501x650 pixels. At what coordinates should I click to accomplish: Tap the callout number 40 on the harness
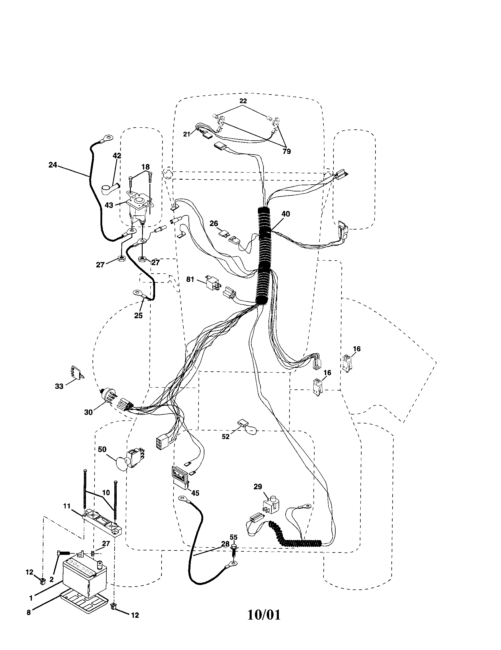pyautogui.click(x=285, y=214)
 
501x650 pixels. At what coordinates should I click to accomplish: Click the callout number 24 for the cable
pyautogui.click(x=53, y=165)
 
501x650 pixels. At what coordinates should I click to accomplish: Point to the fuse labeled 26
pyautogui.click(x=223, y=233)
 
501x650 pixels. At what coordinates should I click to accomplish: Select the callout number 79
pyautogui.click(x=287, y=152)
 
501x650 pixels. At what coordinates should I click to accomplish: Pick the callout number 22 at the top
pyautogui.click(x=243, y=101)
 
